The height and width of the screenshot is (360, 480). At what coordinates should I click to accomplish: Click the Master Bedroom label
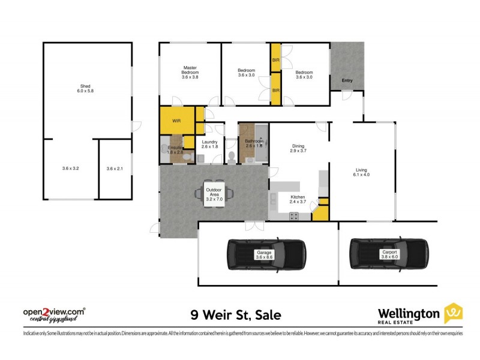click(190, 72)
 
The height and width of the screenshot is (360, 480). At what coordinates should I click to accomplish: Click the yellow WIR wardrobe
click(177, 121)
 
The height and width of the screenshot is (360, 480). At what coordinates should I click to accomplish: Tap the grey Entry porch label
click(347, 80)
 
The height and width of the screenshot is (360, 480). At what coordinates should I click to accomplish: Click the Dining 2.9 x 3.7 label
click(298, 149)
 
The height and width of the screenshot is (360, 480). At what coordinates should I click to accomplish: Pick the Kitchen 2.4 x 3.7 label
click(298, 199)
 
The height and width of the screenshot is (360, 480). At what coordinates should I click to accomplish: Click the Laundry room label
click(209, 144)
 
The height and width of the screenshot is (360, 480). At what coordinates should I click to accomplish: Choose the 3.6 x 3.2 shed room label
click(70, 169)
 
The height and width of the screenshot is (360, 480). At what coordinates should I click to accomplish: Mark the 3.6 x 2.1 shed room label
click(114, 169)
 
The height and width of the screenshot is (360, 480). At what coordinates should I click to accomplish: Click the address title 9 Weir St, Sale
click(235, 314)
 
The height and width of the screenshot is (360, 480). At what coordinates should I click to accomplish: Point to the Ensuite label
click(175, 150)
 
